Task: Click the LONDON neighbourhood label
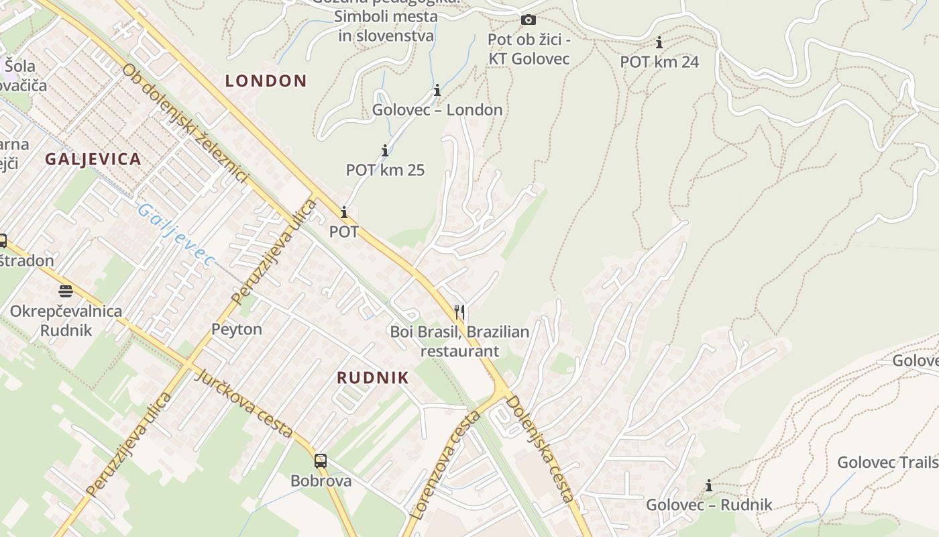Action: (x=266, y=81)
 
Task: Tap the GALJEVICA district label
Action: (x=93, y=159)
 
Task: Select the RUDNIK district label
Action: (x=372, y=377)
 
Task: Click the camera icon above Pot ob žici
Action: (x=529, y=19)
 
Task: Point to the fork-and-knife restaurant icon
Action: (x=459, y=311)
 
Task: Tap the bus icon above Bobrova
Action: (x=321, y=460)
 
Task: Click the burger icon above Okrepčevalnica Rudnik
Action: (x=66, y=291)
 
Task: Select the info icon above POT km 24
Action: (x=659, y=43)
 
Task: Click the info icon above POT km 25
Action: (x=385, y=150)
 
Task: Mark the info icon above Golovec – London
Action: (x=437, y=90)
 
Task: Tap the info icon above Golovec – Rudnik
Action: (x=709, y=485)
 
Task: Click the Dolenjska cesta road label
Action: (x=540, y=448)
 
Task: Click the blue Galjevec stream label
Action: (x=176, y=235)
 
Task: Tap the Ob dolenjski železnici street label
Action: (x=185, y=124)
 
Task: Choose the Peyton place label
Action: (x=237, y=330)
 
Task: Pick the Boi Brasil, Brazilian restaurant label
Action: (x=460, y=341)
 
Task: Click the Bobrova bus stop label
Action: (x=321, y=481)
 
